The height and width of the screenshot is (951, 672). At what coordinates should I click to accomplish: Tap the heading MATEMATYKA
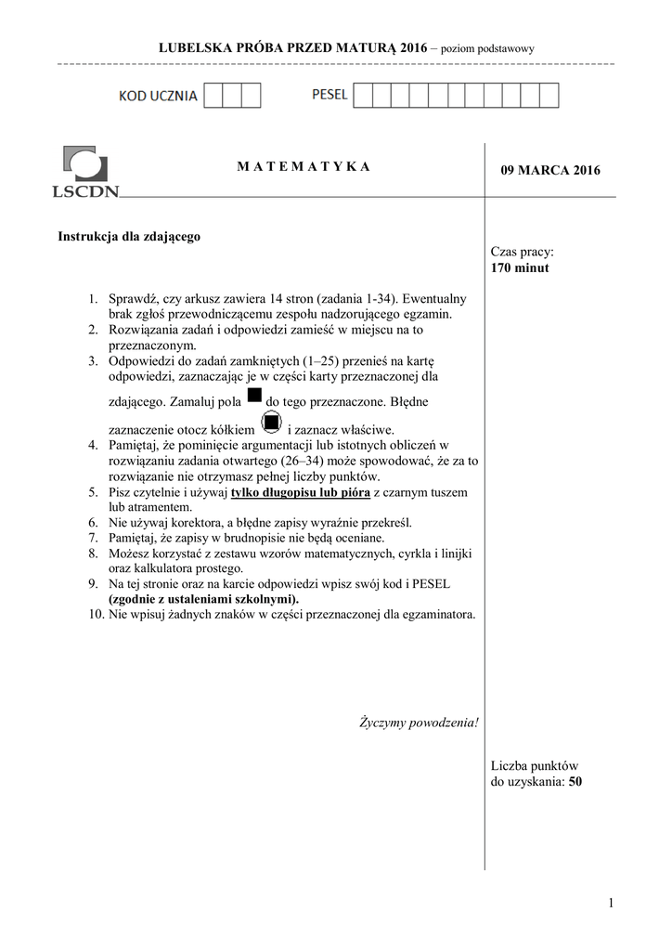coord(303,166)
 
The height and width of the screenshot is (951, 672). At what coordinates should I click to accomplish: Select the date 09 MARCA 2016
coord(550,170)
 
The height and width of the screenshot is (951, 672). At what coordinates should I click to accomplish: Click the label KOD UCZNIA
coord(158,97)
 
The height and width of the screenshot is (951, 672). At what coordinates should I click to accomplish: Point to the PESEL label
coord(330,95)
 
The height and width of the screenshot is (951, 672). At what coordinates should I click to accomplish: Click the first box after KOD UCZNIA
coord(213,96)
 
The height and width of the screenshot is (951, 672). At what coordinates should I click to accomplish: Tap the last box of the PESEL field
coord(549,96)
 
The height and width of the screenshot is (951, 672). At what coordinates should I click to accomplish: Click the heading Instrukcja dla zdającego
coord(129,237)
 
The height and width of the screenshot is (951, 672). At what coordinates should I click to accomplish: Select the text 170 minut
coord(520,268)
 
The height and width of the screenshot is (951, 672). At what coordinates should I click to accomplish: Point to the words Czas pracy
coord(522,253)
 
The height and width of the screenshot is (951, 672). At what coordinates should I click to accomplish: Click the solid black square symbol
coord(254,397)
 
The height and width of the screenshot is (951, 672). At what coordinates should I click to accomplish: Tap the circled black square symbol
coord(271,424)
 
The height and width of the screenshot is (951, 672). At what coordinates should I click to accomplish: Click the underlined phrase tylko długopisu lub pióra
coord(299,492)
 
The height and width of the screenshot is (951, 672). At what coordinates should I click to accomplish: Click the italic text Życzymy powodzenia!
coord(419,723)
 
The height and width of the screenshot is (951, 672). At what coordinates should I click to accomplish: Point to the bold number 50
coord(575,782)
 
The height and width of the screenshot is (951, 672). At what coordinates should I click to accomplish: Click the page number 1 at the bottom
coord(613,903)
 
